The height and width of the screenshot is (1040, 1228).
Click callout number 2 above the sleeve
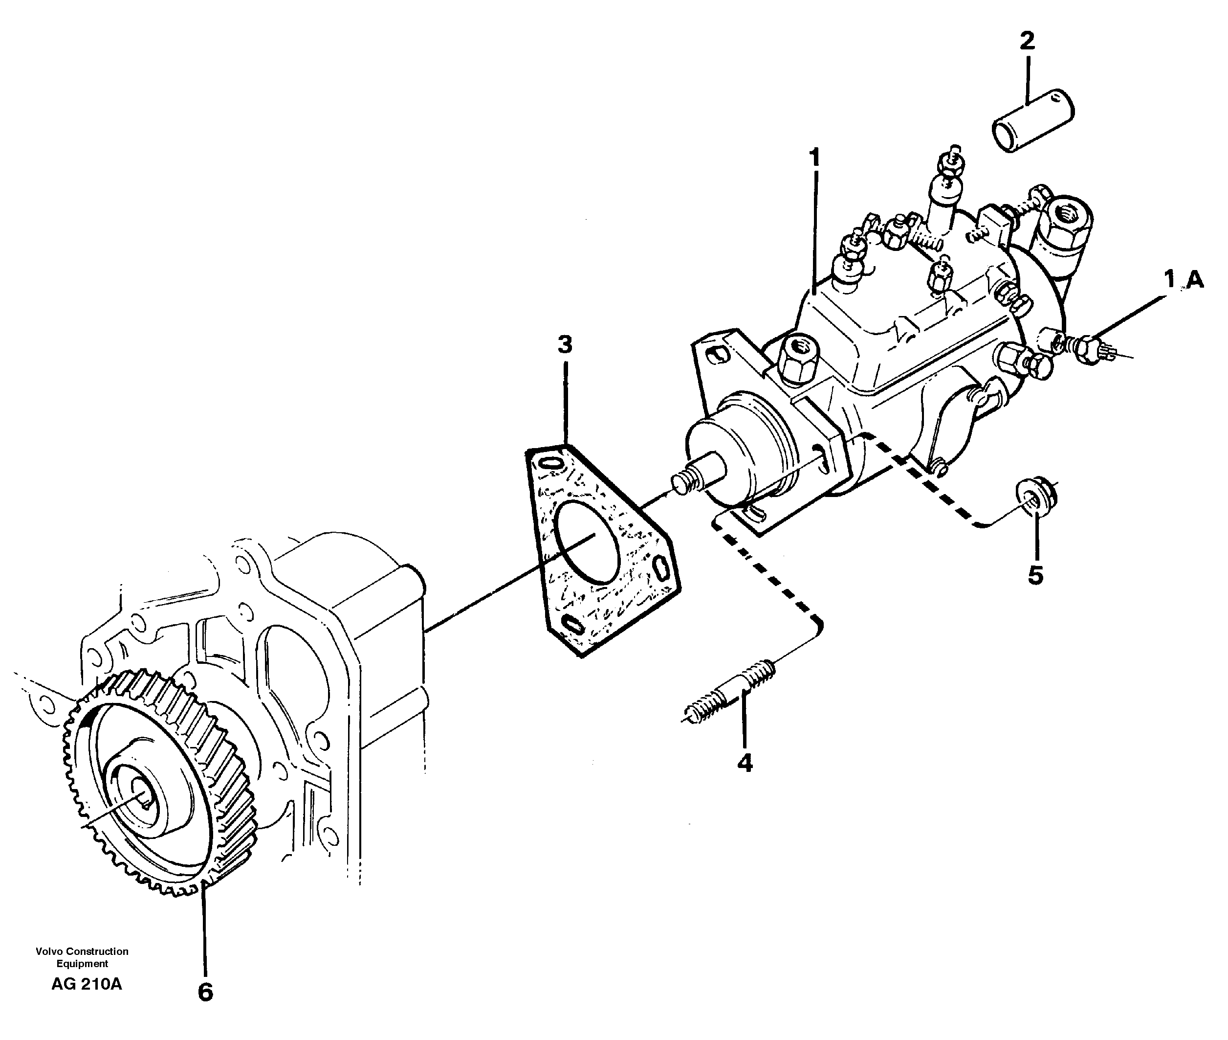click(x=1027, y=41)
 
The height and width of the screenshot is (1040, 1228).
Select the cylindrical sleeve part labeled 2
click(x=1033, y=121)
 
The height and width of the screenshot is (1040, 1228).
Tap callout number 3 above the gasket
click(x=565, y=345)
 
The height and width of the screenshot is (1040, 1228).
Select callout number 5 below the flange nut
click(x=1035, y=575)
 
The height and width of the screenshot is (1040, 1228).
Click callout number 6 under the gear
click(x=204, y=992)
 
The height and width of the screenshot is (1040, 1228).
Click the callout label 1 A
click(x=1183, y=279)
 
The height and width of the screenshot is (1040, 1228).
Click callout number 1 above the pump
click(x=815, y=158)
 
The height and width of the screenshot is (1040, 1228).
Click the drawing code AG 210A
click(x=87, y=984)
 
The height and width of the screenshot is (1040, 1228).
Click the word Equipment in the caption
click(x=82, y=963)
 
